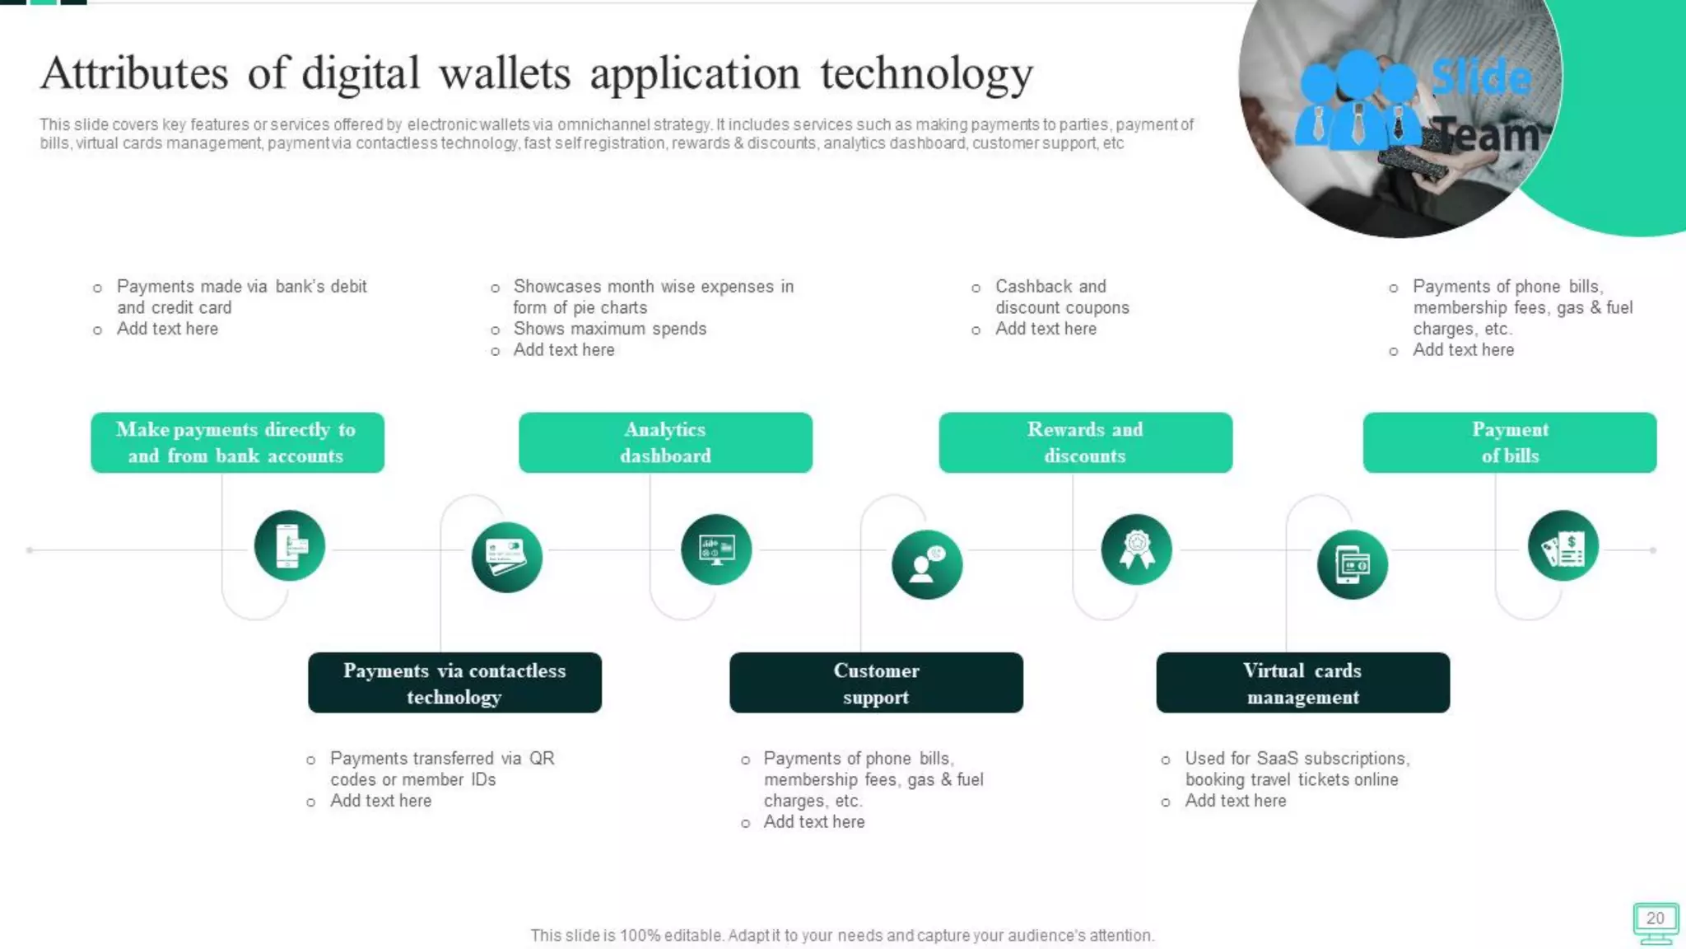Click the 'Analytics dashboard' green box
pyautogui.click(x=665, y=442)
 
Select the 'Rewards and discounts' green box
pyautogui.click(x=1085, y=442)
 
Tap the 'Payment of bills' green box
pyautogui.click(x=1509, y=442)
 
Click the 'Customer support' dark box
pyautogui.click(x=876, y=683)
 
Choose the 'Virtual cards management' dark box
pyautogui.click(x=1302, y=683)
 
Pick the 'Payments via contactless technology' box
pyautogui.click(x=454, y=683)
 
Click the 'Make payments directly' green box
pyautogui.click(x=237, y=442)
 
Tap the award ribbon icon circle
pyautogui.click(x=1136, y=549)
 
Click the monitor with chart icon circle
pyautogui.click(x=716, y=549)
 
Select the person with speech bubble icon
pyautogui.click(x=927, y=564)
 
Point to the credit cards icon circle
pyautogui.click(x=506, y=558)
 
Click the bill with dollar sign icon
pyautogui.click(x=1563, y=546)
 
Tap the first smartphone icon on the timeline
pyautogui.click(x=290, y=546)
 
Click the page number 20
pyautogui.click(x=1655, y=919)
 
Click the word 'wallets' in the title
pyautogui.click(x=505, y=73)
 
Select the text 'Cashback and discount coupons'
pyautogui.click(x=1061, y=297)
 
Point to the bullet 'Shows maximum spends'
pyautogui.click(x=609, y=329)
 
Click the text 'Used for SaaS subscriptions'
pyautogui.click(x=1297, y=759)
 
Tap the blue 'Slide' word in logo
pyautogui.click(x=1481, y=78)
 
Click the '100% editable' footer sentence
pyautogui.click(x=842, y=935)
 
